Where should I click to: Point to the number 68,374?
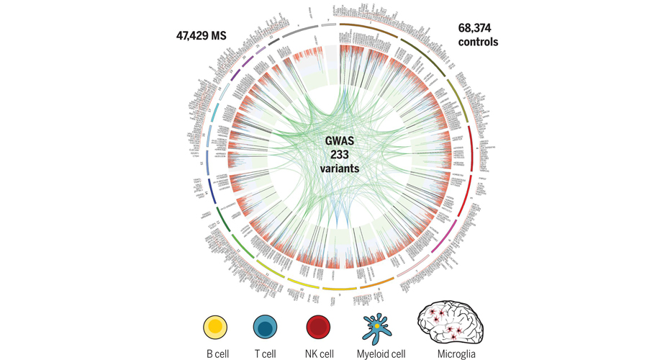tap(478, 28)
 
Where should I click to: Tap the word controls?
tap(478, 42)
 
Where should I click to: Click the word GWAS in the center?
tap(340, 141)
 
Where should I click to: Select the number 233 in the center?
tap(340, 155)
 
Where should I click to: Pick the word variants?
tap(340, 168)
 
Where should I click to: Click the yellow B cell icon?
tap(216, 328)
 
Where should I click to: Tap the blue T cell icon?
tap(266, 328)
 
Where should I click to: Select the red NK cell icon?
tap(317, 328)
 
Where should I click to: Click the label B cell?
tap(216, 353)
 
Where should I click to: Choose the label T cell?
tap(266, 353)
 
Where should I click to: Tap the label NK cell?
tap(317, 353)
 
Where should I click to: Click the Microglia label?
tap(452, 353)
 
